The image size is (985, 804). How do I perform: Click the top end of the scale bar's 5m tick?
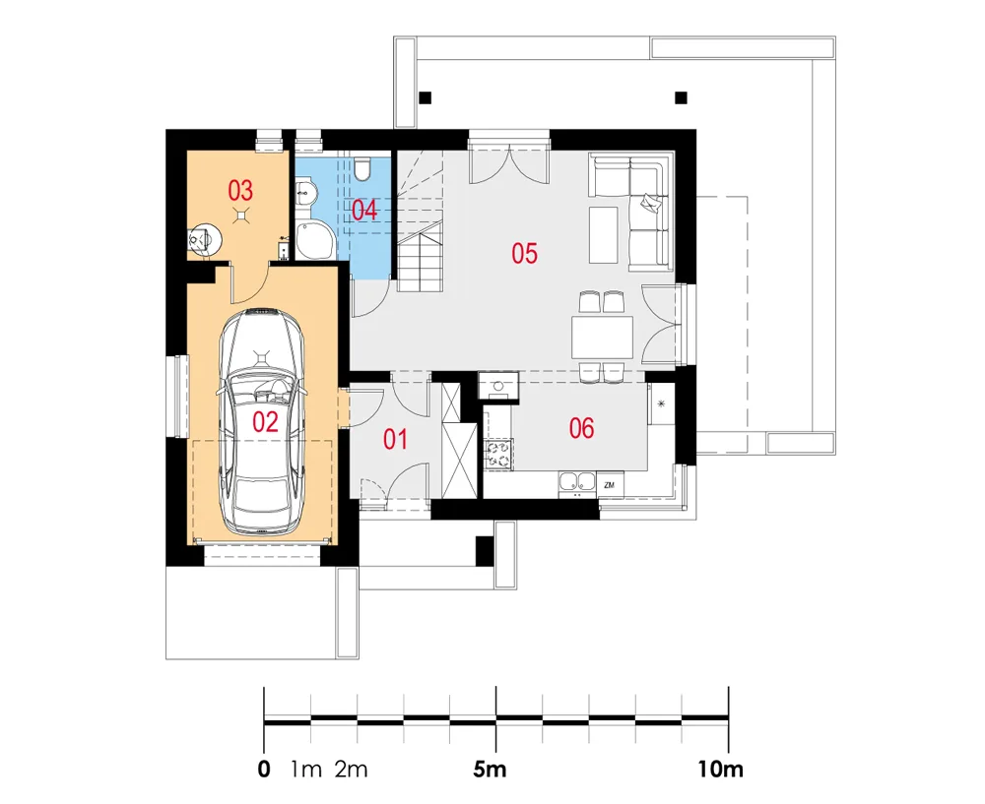tap(496, 687)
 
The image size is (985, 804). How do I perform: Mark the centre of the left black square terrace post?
tap(426, 97)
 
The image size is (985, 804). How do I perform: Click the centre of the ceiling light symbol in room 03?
tap(241, 216)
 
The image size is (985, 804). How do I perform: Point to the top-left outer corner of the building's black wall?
tap(166, 130)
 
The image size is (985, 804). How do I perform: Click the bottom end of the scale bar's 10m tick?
tap(729, 752)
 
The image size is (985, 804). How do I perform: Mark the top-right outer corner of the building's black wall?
tap(695, 130)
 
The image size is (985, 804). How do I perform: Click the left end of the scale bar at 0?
tap(264, 719)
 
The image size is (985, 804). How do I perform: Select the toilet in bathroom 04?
tap(363, 169)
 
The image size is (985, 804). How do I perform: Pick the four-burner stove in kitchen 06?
tap(499, 454)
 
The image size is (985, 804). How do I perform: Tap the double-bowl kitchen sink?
tap(577, 482)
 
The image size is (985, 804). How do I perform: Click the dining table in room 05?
tap(602, 338)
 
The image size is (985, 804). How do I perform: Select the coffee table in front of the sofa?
tap(603, 235)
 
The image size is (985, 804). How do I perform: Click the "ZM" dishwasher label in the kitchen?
tap(609, 485)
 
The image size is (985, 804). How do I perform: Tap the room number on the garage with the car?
tap(265, 422)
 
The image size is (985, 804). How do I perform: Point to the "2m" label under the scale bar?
tap(351, 769)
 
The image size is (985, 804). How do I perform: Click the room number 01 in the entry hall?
tap(395, 439)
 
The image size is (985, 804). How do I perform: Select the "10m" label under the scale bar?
tap(721, 769)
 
